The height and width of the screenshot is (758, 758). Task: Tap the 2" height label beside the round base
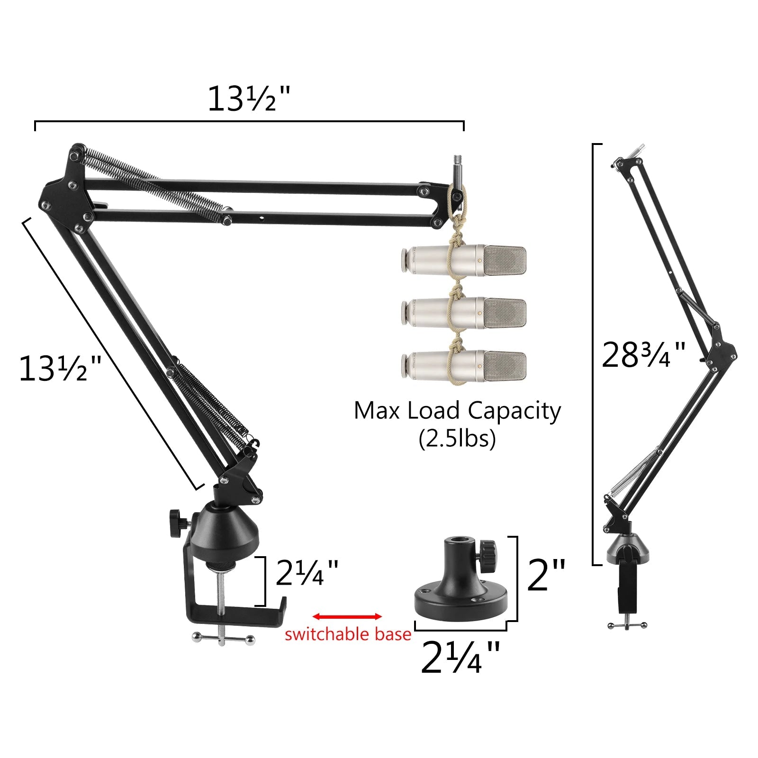(546, 575)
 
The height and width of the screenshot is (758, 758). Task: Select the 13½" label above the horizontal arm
(248, 99)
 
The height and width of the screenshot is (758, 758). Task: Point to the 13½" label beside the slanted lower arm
(60, 369)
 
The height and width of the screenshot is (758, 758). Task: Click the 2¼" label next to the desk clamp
(307, 572)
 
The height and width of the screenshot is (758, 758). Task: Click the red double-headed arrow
(347, 616)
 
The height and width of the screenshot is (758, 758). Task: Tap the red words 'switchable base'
(348, 634)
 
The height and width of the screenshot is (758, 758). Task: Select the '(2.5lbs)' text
(457, 439)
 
